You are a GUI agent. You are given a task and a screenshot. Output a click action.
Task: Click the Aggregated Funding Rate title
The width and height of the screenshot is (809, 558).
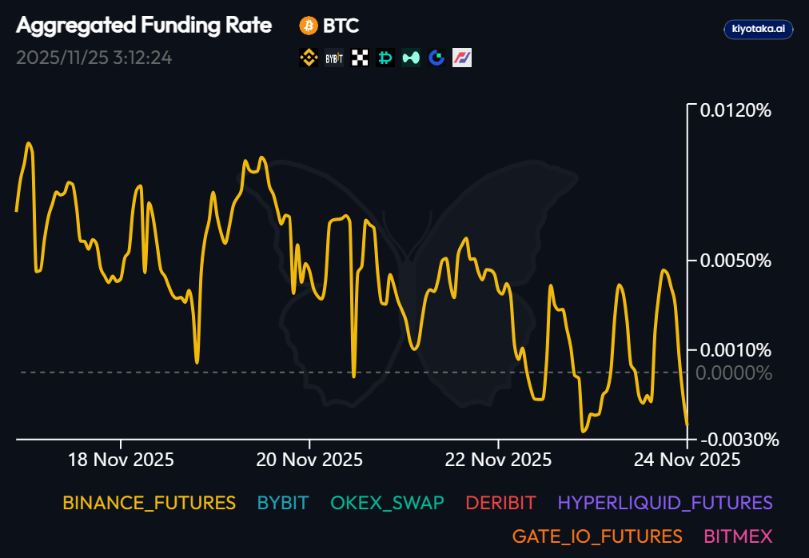144,26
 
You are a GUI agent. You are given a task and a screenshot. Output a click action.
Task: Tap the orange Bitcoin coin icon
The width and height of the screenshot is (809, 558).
308,26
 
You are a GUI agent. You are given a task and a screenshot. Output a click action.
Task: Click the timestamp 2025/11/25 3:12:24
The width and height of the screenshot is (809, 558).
94,58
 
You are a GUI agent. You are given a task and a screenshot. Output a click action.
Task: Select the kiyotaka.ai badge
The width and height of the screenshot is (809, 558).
758,29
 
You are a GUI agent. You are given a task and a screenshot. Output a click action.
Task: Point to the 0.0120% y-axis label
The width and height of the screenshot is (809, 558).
735,110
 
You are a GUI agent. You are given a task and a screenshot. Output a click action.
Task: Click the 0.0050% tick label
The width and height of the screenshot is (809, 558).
735,261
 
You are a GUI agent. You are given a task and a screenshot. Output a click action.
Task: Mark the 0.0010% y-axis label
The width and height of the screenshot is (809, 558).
735,350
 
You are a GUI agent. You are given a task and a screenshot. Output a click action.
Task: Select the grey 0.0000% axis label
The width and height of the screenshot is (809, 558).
735,373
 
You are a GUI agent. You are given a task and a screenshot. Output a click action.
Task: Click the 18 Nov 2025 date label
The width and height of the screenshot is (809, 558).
122,460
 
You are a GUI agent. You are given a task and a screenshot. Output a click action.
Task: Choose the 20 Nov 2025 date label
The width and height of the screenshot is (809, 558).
309,460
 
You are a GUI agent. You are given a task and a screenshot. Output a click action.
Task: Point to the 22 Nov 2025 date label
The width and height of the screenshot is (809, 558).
498,460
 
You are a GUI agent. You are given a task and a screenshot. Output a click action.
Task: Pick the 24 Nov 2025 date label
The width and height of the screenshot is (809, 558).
687,460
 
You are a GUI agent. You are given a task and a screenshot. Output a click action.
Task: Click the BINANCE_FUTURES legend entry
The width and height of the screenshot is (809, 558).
149,503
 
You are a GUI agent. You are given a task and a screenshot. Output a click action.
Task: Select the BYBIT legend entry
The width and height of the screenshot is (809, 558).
283,503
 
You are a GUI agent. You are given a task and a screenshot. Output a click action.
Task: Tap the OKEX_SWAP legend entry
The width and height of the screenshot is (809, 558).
387,503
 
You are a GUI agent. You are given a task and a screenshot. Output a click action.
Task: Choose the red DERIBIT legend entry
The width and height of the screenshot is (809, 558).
500,503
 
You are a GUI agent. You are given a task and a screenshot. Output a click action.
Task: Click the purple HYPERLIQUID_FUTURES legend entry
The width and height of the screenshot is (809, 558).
665,503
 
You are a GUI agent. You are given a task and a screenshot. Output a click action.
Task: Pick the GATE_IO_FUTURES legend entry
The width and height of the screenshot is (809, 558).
597,536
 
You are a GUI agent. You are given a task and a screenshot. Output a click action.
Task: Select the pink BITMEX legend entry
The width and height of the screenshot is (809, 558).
738,536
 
